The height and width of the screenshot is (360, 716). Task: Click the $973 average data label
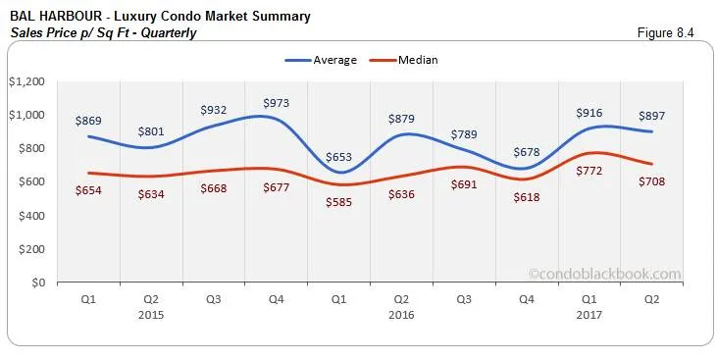point(277,102)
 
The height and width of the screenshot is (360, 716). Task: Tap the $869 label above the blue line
point(89,121)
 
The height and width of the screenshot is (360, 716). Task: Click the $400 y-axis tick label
point(32,216)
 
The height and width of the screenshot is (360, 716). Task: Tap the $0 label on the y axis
point(38,283)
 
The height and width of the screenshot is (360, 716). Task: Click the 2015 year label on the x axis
point(150,315)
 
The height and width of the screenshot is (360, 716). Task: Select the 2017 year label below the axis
point(589,315)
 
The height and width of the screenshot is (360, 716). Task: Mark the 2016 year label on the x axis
point(401,315)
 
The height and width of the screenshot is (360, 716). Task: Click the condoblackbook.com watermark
point(603,275)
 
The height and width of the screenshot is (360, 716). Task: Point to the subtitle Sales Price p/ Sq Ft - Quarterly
point(103,33)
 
